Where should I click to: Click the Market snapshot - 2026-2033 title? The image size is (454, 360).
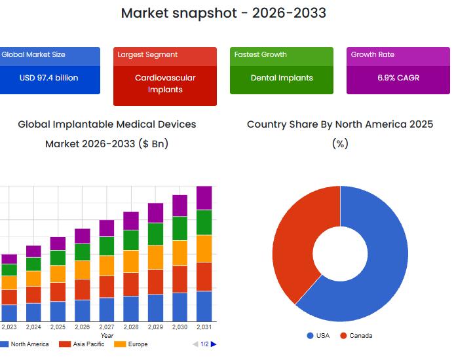(x=223, y=13)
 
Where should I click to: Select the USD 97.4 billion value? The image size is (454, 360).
(x=48, y=78)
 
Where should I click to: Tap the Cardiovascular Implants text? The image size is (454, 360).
(x=165, y=83)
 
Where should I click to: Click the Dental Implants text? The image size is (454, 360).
(x=282, y=78)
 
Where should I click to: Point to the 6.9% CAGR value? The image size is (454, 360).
(x=398, y=78)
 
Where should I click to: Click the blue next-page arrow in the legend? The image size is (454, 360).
(x=214, y=344)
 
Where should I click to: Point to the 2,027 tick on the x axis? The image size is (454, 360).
(x=107, y=327)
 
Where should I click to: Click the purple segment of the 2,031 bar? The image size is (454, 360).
(x=204, y=198)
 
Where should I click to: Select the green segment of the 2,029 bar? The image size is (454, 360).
(x=155, y=234)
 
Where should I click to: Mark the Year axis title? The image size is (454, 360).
(x=107, y=336)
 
